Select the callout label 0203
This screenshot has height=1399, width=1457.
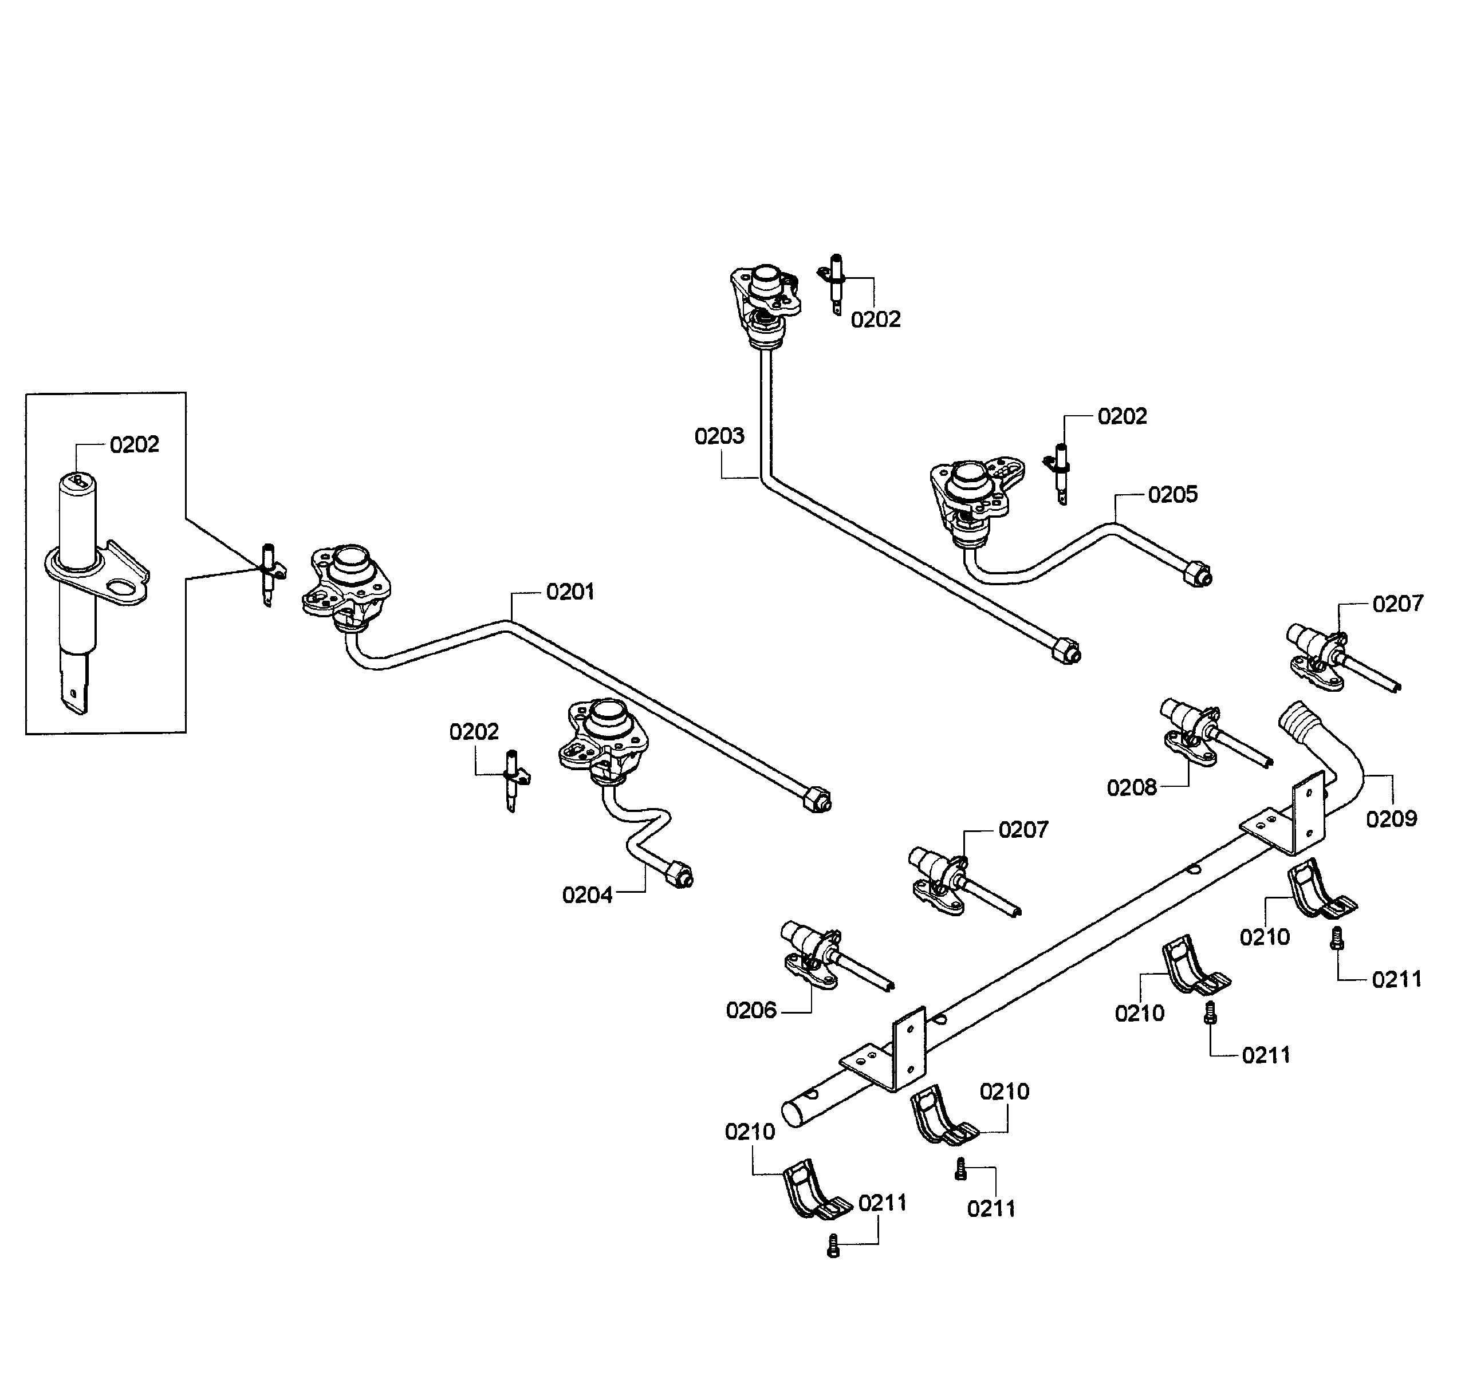(x=719, y=436)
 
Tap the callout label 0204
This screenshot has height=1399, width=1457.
(x=587, y=895)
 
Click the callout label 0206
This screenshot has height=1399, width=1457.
(x=751, y=1010)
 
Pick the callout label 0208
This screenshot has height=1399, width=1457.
(x=1131, y=788)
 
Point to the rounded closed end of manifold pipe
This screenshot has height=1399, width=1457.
(x=793, y=1117)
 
